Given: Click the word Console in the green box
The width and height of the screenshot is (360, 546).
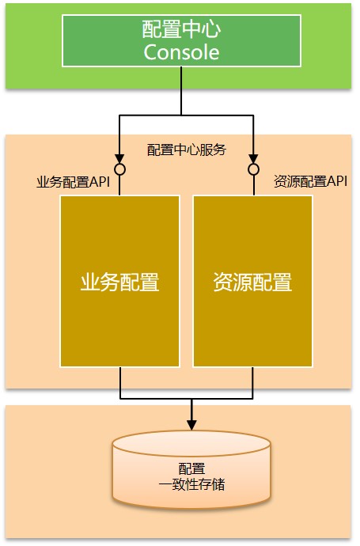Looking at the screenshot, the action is tap(181, 52).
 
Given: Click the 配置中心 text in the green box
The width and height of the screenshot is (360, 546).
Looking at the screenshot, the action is tap(181, 29).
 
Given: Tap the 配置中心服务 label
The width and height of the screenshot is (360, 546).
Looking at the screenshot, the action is tap(187, 150).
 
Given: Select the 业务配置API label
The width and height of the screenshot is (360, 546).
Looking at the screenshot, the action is tap(73, 182).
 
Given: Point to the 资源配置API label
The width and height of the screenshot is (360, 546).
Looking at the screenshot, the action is tap(311, 181).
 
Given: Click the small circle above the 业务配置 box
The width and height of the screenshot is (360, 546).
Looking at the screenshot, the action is tap(119, 169).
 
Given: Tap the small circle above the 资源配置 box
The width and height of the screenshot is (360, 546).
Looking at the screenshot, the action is tap(253, 169).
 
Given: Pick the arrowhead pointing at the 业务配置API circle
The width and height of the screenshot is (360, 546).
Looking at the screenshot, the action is tap(119, 159).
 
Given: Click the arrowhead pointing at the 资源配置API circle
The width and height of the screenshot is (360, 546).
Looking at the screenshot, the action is tap(253, 159).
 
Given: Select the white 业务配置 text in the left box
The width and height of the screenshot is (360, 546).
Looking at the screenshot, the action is tap(119, 282).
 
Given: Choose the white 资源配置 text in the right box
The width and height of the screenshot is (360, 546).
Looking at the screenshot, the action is tap(252, 282).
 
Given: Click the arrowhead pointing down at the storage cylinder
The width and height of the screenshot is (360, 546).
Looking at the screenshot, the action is tap(191, 425).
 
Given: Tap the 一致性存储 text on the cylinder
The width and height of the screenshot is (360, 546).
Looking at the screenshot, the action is tap(191, 484).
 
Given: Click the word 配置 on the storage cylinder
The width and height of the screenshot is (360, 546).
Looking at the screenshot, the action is tap(191, 468).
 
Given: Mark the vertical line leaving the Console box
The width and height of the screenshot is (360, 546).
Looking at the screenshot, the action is tap(181, 91).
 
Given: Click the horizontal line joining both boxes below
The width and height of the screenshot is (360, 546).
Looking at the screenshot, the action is tap(187, 398).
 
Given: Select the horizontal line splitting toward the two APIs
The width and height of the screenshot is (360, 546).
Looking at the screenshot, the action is tap(186, 116).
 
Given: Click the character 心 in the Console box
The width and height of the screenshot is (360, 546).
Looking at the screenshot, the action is tap(211, 29).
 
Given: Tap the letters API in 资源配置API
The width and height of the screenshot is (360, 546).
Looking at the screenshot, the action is tap(337, 181).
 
